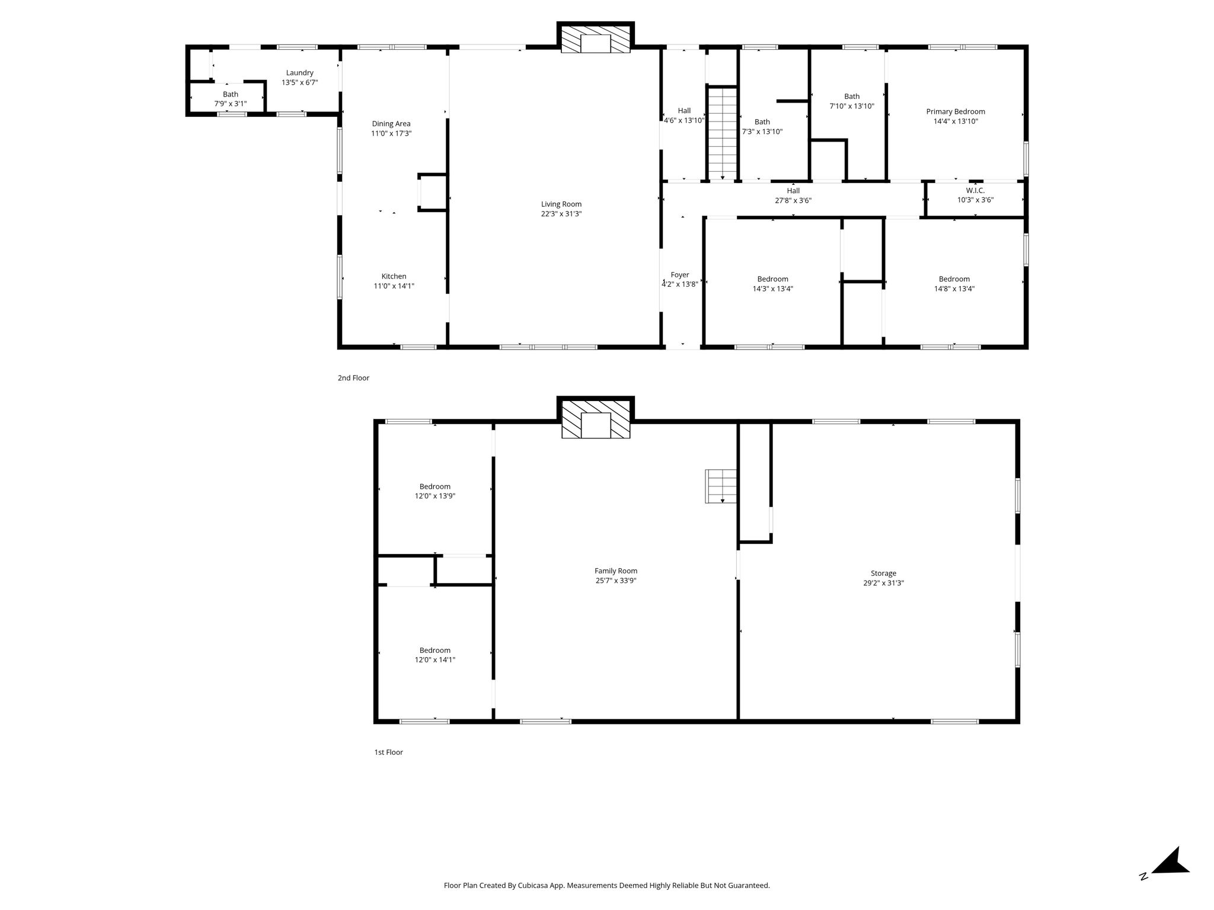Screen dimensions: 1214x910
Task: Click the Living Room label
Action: point(561,204)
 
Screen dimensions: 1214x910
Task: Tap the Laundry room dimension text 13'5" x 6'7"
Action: point(299,83)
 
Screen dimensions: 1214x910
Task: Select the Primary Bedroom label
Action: point(956,111)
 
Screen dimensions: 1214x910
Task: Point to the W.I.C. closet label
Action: point(975,190)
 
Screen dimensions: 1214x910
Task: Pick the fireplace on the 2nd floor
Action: point(596,39)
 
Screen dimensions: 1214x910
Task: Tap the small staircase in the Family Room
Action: point(721,486)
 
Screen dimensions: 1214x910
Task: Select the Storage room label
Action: point(883,573)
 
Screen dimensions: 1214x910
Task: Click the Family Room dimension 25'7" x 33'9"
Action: point(616,581)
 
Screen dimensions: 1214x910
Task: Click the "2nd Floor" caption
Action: point(353,378)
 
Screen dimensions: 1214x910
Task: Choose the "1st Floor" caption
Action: point(388,752)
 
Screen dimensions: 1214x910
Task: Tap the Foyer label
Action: point(680,275)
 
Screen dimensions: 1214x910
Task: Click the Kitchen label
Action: point(394,276)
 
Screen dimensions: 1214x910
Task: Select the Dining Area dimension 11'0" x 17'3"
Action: point(391,134)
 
